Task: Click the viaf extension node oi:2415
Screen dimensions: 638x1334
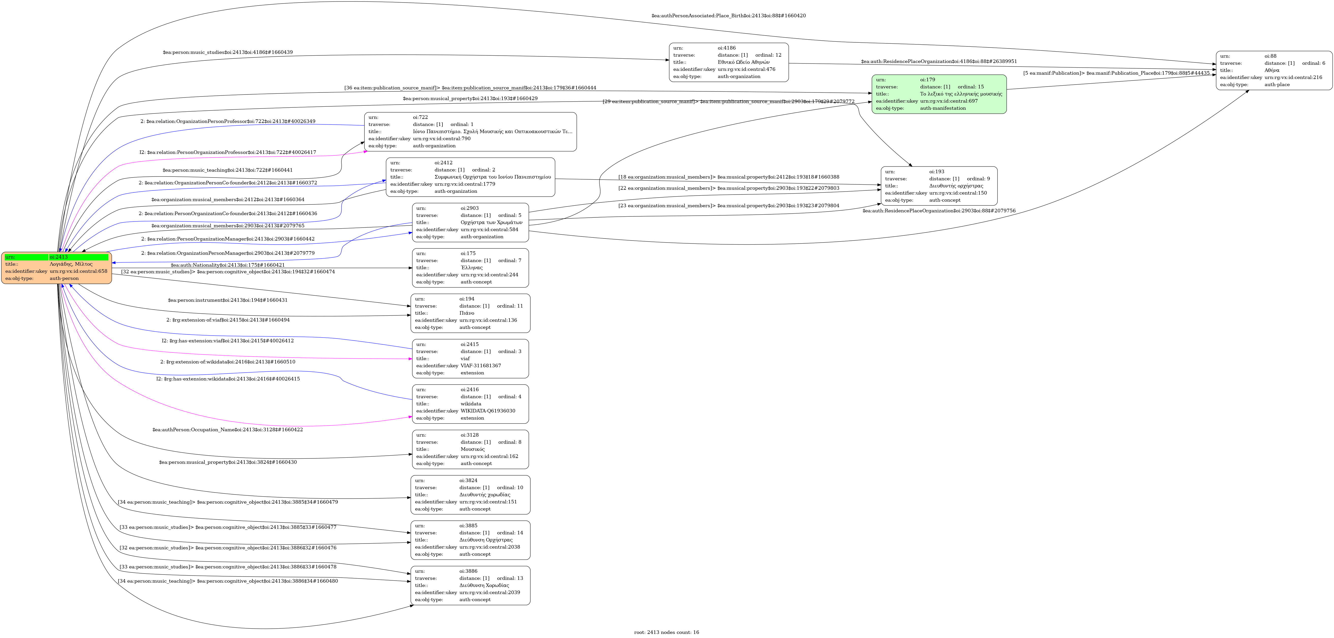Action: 470,358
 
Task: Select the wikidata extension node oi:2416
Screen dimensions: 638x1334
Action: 470,404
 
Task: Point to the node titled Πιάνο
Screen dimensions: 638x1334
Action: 470,313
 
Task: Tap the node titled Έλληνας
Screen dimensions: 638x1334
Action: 470,268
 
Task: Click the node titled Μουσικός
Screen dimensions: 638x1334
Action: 470,450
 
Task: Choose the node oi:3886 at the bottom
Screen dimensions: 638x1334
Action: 470,586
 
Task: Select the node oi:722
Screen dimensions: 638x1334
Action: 470,132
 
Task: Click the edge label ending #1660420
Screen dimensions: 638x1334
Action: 728,15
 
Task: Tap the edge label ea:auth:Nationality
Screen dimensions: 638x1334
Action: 227,265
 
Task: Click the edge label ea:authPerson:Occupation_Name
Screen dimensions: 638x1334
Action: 227,430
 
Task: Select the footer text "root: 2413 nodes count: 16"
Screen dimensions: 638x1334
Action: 666,632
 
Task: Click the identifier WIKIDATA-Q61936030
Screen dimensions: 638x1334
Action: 488,411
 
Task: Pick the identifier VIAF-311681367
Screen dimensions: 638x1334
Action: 481,366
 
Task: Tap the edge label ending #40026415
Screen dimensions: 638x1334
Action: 228,379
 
